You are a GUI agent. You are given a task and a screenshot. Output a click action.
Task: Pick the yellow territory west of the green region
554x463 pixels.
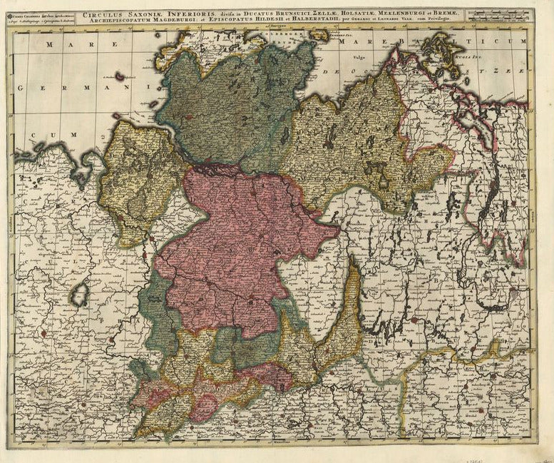139,178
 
